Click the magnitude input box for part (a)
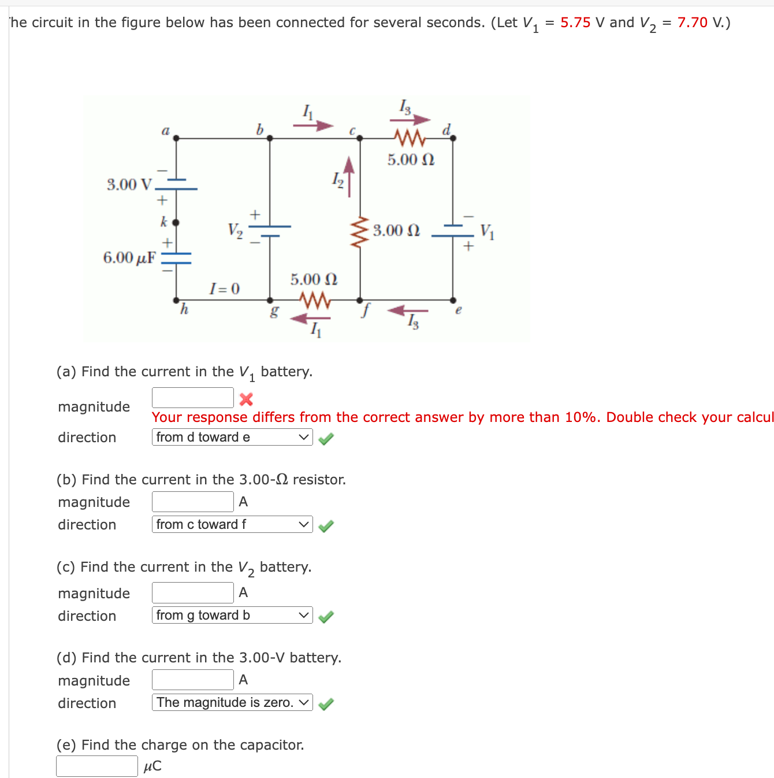[x=192, y=398]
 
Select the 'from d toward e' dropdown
[x=232, y=437]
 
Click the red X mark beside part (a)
[x=246, y=399]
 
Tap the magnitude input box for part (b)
[x=192, y=502]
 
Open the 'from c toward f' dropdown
[x=232, y=524]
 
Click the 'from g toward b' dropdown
[x=232, y=615]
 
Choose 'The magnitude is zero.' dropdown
[x=232, y=702]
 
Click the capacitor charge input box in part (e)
[x=96, y=766]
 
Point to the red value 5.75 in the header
[x=575, y=23]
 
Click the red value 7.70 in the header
[x=692, y=23]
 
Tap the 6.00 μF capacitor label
[x=129, y=257]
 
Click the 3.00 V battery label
[x=129, y=184]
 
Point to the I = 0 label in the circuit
[x=224, y=288]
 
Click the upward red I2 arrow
[x=349, y=176]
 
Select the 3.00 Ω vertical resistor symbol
[x=360, y=231]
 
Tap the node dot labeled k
[x=176, y=222]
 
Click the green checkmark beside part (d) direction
[x=326, y=703]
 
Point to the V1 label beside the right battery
[x=487, y=231]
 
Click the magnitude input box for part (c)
[x=192, y=592]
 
